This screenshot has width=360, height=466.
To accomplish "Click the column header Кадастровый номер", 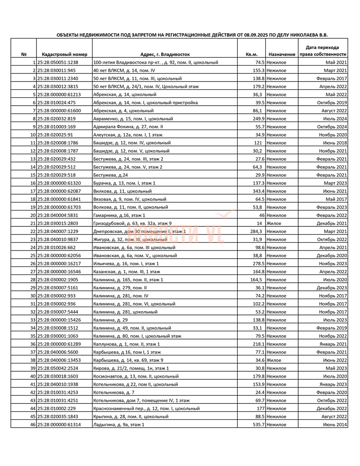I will pyautogui.click(x=64, y=55).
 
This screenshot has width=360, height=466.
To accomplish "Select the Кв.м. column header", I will pyautogui.click(x=251, y=55).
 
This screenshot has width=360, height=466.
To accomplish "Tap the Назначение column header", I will pyautogui.click(x=282, y=55).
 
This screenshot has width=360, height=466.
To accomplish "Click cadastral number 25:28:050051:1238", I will pyautogui.click(x=58, y=63).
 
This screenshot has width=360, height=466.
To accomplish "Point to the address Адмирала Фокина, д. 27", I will pyautogui.click(x=128, y=127).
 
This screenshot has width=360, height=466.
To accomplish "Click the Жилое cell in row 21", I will pyautogui.click(x=274, y=224).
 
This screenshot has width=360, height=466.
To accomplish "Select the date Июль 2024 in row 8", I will pyautogui.click(x=335, y=119).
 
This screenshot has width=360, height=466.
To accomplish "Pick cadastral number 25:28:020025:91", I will pyautogui.click(x=55, y=135).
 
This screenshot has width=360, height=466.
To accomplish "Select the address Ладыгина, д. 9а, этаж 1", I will pyautogui.click(x=119, y=425).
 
